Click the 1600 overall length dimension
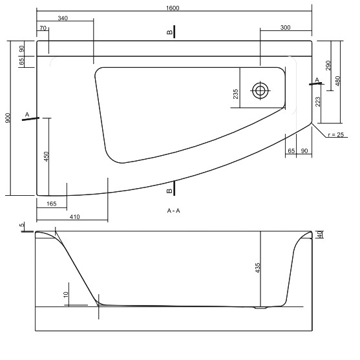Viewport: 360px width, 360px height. (173, 8)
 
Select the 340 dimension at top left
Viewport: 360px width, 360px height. (63, 18)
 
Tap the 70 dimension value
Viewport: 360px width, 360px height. (43, 28)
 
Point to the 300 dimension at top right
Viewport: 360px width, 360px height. (286, 28)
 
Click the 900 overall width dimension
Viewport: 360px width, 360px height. (8, 118)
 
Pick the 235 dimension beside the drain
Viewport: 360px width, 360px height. (235, 94)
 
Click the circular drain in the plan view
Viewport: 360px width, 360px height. (260, 90)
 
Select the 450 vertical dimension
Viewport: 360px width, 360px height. (46, 156)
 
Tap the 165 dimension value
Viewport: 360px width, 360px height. (52, 204)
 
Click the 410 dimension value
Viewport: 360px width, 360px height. (74, 217)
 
